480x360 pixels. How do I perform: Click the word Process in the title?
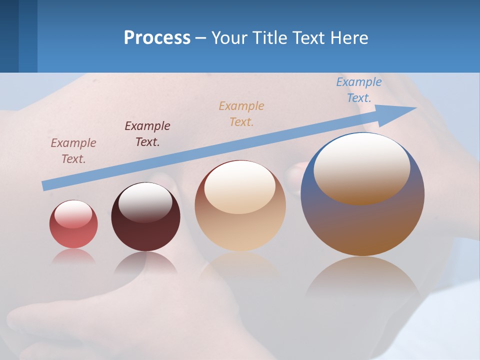click(x=157, y=38)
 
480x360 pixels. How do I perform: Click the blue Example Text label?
click(x=358, y=90)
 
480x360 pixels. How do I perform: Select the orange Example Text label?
click(x=241, y=113)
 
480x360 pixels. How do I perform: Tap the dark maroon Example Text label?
click(x=147, y=133)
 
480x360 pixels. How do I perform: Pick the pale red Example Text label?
click(x=73, y=150)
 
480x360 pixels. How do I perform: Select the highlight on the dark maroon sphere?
click(x=145, y=201)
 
